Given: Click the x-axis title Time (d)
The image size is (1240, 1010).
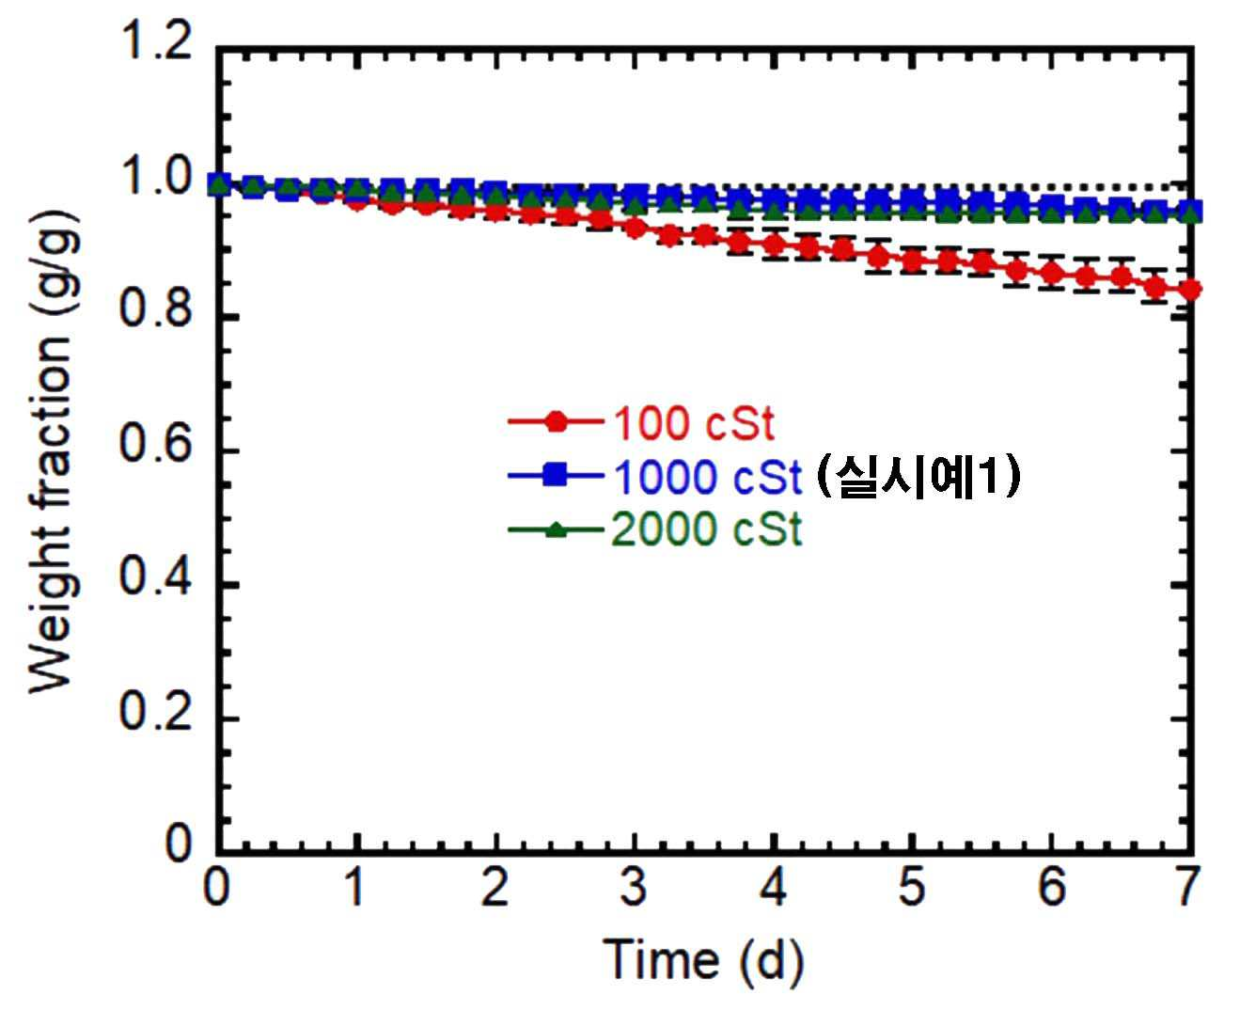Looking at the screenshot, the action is click(x=702, y=959).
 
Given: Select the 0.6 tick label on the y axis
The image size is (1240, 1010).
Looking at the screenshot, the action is click(x=155, y=451).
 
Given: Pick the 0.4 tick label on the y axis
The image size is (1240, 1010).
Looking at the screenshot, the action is click(x=155, y=584).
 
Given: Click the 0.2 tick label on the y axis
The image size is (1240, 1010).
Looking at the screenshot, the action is click(x=155, y=718).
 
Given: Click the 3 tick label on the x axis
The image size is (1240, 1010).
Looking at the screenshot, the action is click(x=634, y=887).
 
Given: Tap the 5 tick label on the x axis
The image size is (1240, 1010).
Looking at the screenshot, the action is click(x=912, y=887).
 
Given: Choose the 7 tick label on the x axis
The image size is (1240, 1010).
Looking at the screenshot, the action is click(x=1189, y=887).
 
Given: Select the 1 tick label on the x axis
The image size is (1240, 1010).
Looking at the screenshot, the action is click(x=355, y=887).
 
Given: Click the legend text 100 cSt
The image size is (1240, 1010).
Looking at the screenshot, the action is click(x=694, y=424).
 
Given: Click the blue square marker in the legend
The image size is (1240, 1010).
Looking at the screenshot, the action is click(x=556, y=476).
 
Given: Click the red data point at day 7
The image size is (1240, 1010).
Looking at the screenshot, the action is click(x=1190, y=290).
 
